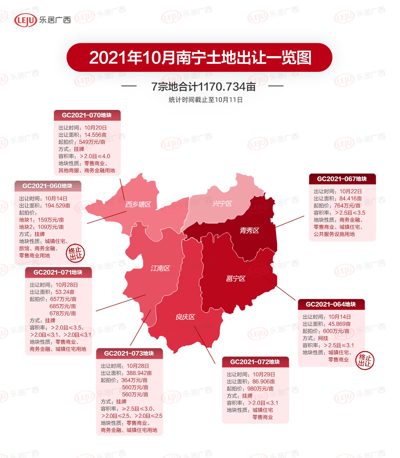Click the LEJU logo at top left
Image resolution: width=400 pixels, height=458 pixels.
pos(26,20)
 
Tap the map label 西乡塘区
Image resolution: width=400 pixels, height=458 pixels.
pos(138,204)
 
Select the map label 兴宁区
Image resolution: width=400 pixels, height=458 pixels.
pos(222,204)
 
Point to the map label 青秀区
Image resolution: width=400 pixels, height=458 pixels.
pos(249,231)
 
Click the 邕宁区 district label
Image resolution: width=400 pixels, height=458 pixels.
pos(236,278)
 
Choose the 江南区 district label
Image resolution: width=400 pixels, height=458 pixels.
pos(160,268)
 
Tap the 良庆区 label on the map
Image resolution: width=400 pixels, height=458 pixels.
pos(185,317)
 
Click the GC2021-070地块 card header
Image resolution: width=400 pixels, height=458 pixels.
pos(87,115)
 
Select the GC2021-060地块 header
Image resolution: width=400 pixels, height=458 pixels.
pos(48,186)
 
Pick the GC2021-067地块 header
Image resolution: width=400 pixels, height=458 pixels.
pos(342,179)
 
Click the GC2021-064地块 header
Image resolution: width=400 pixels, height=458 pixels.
pos(331,305)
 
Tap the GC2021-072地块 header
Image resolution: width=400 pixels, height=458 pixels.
pos(255,362)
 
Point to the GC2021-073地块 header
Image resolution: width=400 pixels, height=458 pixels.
pos(129,354)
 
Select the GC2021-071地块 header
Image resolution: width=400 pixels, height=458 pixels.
pos(58,273)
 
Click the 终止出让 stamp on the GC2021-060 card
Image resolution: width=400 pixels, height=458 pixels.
pos(75,253)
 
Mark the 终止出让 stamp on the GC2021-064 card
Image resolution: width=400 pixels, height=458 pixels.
pos(365,361)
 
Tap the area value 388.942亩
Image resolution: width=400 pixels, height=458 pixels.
pos(139,373)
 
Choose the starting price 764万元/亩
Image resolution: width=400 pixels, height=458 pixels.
pos(347,206)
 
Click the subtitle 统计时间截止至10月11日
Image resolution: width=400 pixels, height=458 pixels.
pos(205,100)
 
